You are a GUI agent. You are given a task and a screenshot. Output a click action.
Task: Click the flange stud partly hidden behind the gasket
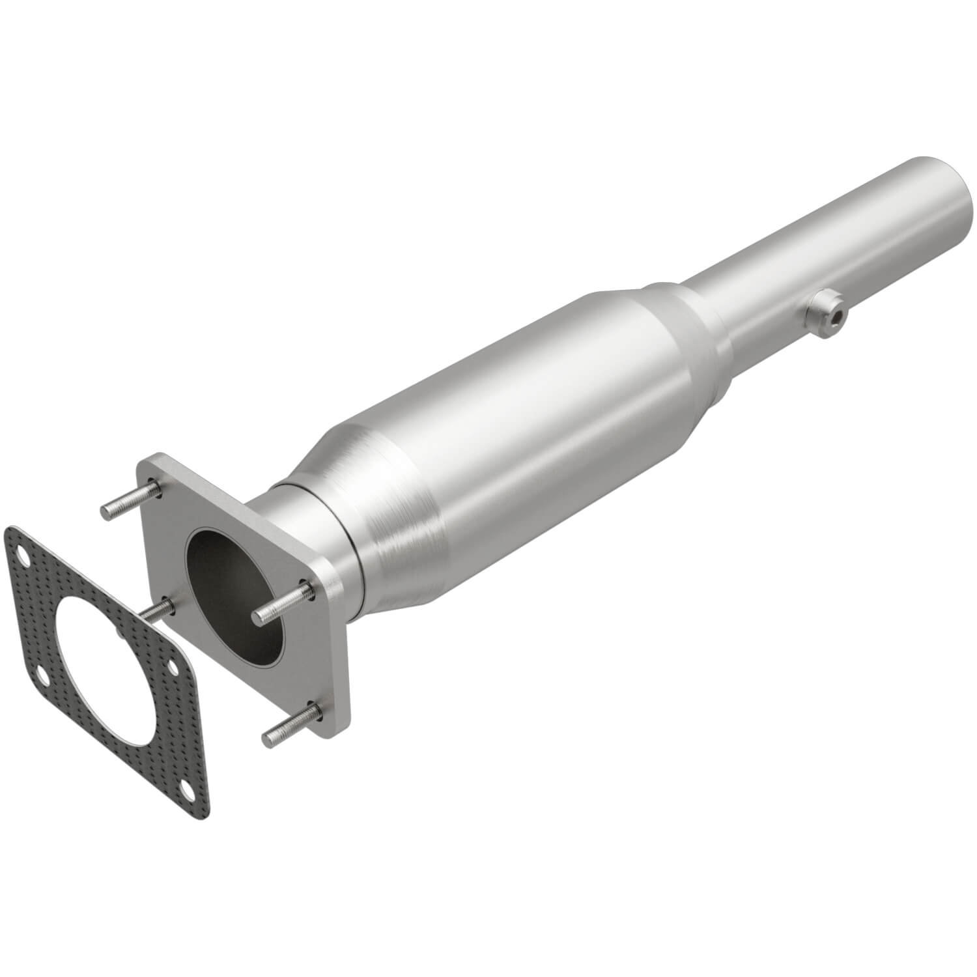click(157, 609)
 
